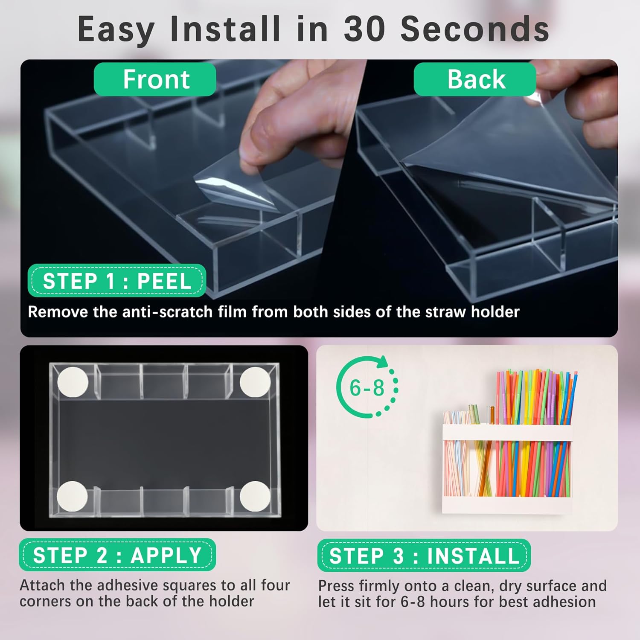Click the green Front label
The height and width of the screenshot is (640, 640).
pyautogui.click(x=155, y=79)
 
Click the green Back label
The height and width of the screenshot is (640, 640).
pyautogui.click(x=475, y=79)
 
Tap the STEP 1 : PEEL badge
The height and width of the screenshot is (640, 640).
pyautogui.click(x=116, y=281)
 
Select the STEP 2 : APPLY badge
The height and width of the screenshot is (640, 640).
pyautogui.click(x=117, y=555)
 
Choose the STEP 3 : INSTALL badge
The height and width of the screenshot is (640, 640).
pyautogui.click(x=424, y=556)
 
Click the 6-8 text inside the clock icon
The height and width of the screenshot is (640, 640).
pyautogui.click(x=367, y=388)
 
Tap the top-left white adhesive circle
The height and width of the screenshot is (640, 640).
pyautogui.click(x=73, y=382)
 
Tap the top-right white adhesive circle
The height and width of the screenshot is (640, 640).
pyautogui.click(x=255, y=382)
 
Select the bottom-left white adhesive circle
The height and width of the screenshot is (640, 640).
pyautogui.click(x=72, y=496)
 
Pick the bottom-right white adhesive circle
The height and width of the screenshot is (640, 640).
pyautogui.click(x=255, y=496)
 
